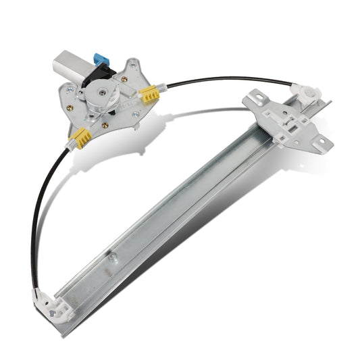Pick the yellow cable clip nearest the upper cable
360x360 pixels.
tap(149, 95)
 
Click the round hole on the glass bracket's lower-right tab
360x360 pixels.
tap(321, 142)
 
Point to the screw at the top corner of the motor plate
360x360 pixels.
tap(133, 66)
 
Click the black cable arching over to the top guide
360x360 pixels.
tap(223, 79)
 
